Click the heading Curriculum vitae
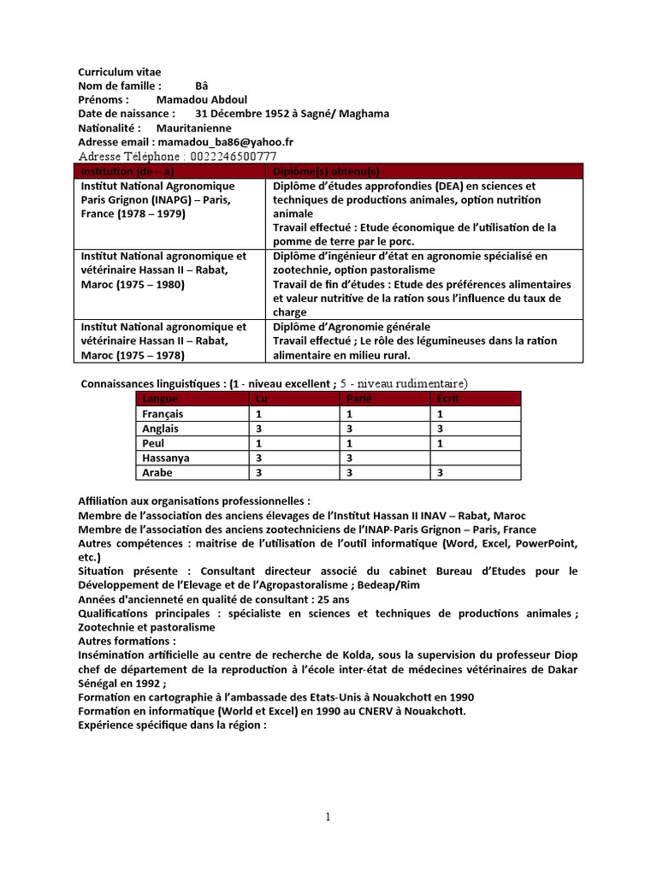click(119, 72)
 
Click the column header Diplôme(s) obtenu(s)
click(325, 171)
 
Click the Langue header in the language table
click(162, 400)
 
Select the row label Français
click(163, 414)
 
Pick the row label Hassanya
click(166, 458)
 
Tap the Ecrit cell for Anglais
click(474, 429)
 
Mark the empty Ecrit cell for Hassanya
click(474, 458)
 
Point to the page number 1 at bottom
click(328, 817)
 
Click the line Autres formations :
click(127, 641)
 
